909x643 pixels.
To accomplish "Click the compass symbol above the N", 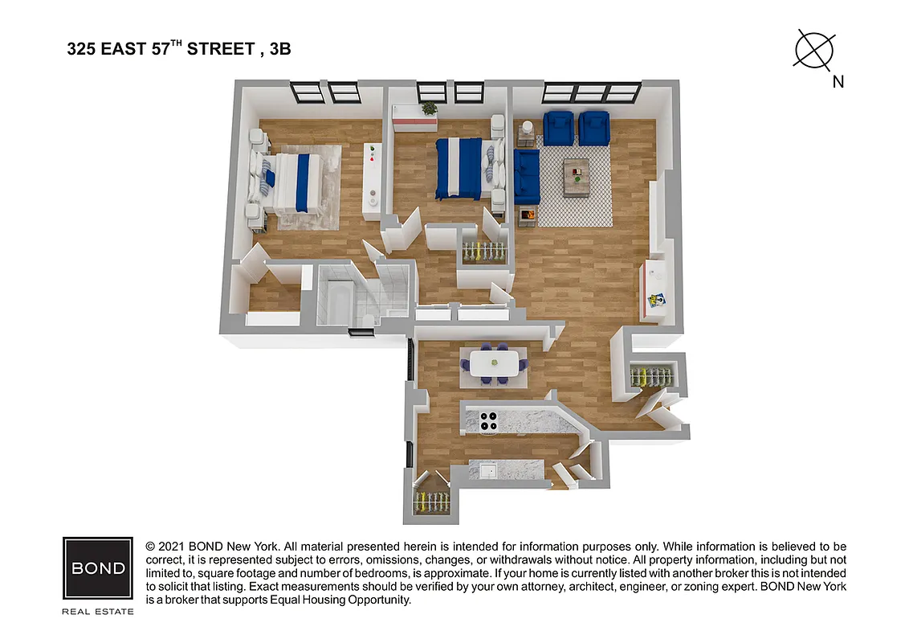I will point(814,49).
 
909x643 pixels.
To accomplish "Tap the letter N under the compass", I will point(838,81).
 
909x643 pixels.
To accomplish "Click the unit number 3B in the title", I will point(279,50).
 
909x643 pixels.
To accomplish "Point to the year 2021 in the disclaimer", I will point(173,547).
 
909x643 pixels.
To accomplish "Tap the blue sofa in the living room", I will point(526,177).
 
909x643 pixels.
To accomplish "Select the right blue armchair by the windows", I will point(595,127).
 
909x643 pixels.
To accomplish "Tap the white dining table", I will point(493,363).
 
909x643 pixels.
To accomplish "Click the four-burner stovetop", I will point(489,420).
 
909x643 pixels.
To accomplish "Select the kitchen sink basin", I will point(487,470).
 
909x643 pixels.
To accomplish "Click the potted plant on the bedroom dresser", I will point(430,108).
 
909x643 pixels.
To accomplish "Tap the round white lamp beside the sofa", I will point(528,127).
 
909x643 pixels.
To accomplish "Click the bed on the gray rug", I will point(290,182).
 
